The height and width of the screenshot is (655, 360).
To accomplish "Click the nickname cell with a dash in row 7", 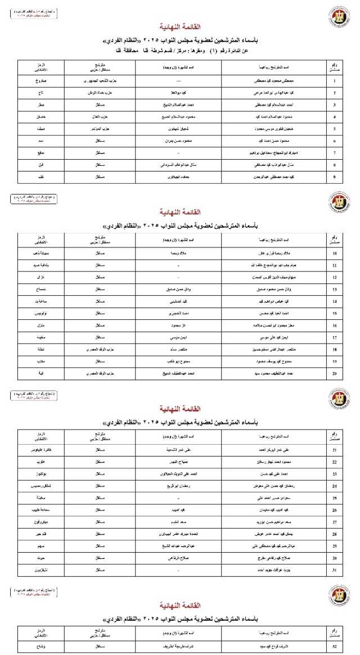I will tap(178, 152).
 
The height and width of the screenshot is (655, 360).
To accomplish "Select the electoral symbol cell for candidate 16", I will tap(40, 325).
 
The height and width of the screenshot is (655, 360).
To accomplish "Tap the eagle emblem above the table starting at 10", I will tap(339, 201).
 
